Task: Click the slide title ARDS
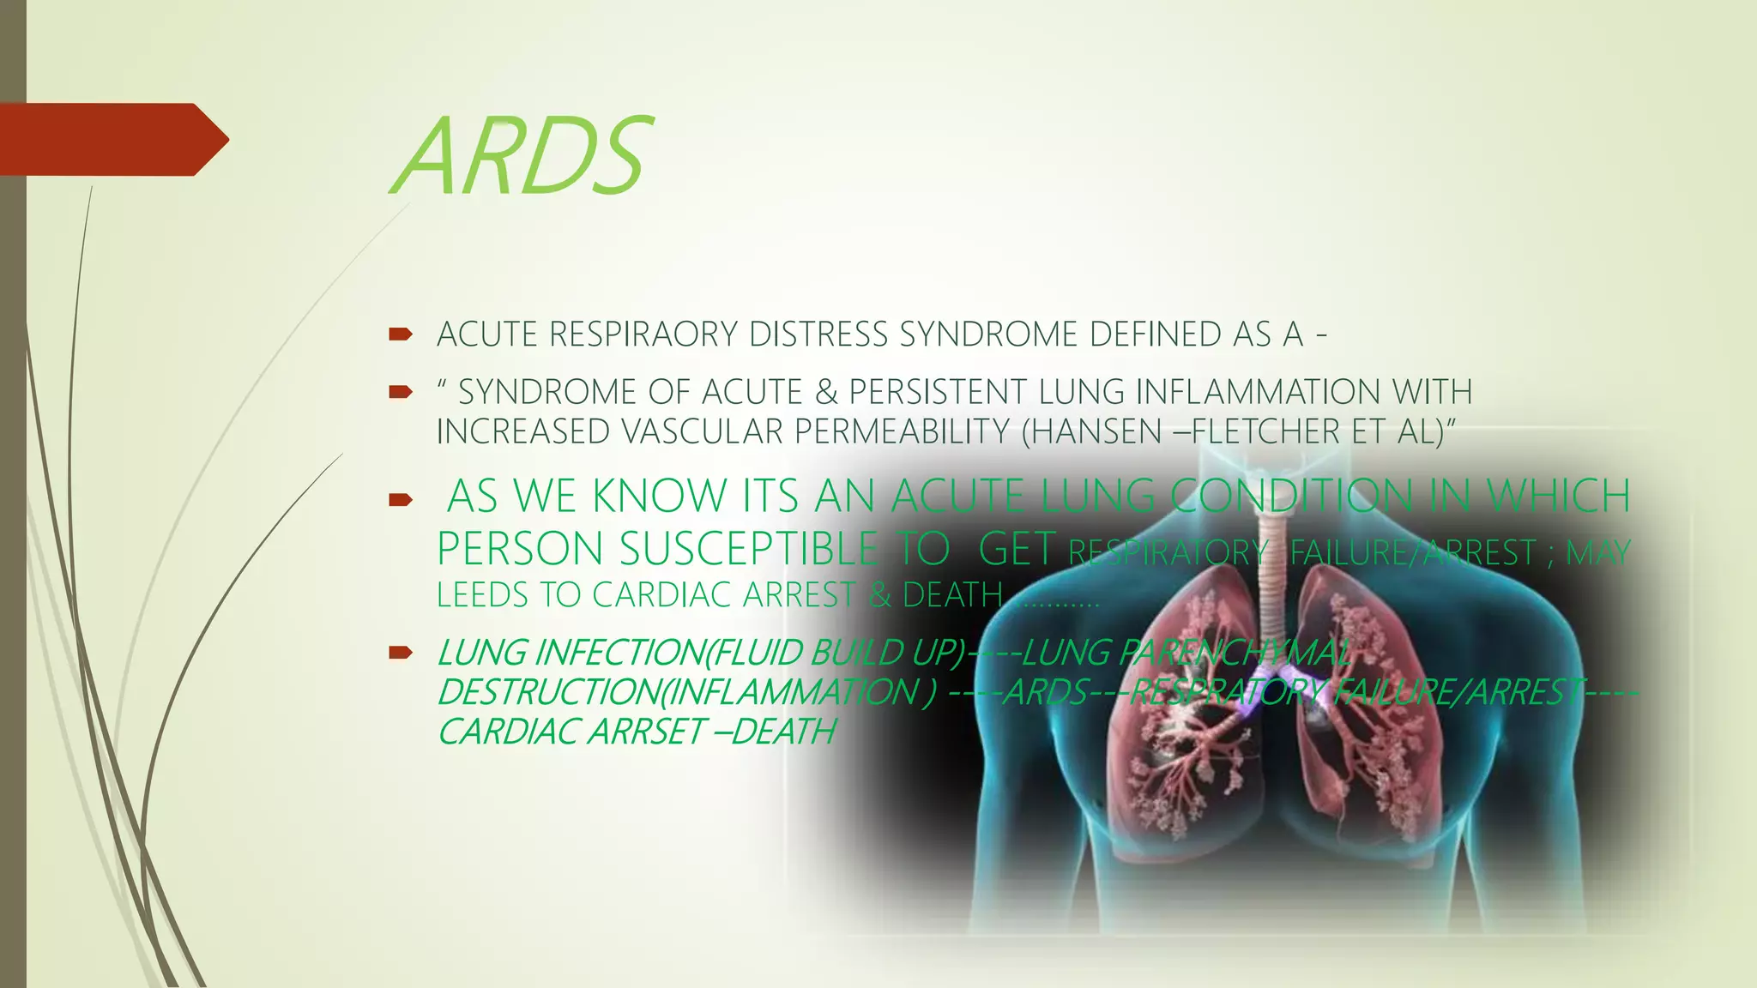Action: click(x=522, y=156)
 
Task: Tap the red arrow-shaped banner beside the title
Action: click(x=112, y=140)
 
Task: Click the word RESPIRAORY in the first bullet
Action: click(x=643, y=334)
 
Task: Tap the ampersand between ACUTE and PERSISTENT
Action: click(x=825, y=392)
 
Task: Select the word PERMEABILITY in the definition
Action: click(x=902, y=431)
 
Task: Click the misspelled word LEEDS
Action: click(x=483, y=595)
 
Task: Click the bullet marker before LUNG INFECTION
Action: click(x=401, y=654)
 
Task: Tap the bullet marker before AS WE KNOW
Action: click(x=401, y=499)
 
